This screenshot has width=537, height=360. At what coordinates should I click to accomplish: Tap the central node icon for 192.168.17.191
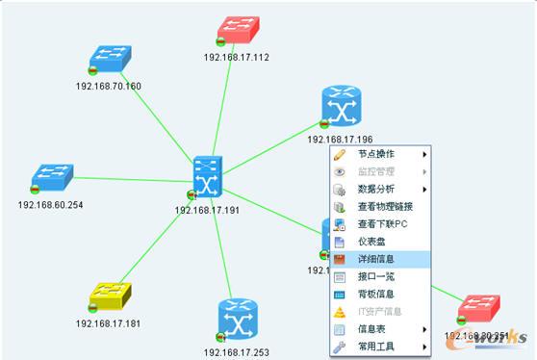tap(207, 177)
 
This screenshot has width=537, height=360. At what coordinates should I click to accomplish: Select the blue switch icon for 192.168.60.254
tap(53, 177)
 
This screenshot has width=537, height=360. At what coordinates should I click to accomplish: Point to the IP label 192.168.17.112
tap(236, 58)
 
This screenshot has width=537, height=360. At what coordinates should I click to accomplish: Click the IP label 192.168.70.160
tap(109, 87)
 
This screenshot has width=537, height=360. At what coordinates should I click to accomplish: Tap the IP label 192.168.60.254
tap(50, 205)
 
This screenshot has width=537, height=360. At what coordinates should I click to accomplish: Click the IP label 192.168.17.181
tap(108, 323)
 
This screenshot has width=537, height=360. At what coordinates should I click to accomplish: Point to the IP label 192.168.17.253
tap(237, 352)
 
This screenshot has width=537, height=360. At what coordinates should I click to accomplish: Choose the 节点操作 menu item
tap(376, 154)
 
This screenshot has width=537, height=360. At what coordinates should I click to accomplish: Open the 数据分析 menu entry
tap(376, 189)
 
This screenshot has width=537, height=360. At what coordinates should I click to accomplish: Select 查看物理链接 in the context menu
tap(385, 206)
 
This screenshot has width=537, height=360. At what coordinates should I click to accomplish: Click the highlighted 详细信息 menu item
tap(376, 259)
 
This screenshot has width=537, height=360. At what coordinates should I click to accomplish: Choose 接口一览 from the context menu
tap(376, 276)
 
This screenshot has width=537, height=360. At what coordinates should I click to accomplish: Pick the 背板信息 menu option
tap(376, 294)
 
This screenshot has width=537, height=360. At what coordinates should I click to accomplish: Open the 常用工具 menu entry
tap(376, 346)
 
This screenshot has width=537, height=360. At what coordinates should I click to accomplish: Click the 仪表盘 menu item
tap(372, 241)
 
